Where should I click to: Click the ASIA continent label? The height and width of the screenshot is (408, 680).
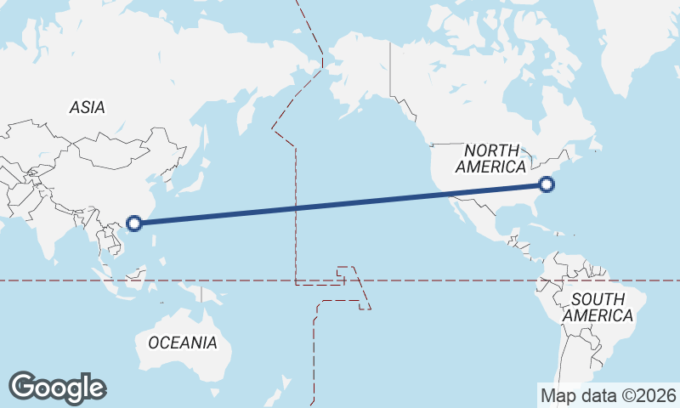(x=87, y=108)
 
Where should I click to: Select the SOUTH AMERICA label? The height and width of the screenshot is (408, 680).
(x=601, y=307)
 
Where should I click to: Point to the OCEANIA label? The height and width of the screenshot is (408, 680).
(x=182, y=343)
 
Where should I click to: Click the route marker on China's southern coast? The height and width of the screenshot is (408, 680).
(x=133, y=224)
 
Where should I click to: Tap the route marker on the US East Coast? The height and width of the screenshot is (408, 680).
(x=547, y=184)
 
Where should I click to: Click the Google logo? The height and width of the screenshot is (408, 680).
(x=57, y=388)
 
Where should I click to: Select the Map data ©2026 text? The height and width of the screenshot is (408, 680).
(x=609, y=395)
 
